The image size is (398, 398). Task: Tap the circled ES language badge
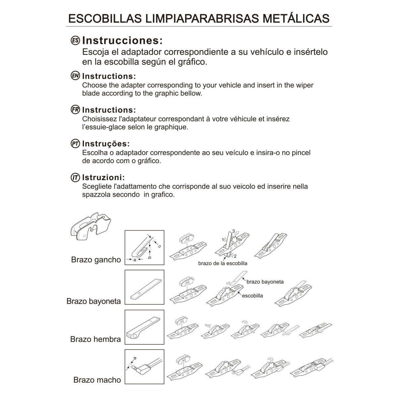tap(76, 40)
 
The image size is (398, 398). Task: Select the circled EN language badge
tap(76, 76)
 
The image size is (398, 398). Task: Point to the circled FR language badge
tap(76, 109)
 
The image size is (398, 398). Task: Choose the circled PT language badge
tap(76, 144)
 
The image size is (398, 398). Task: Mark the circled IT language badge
tap(76, 177)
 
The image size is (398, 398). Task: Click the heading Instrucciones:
tap(122, 40)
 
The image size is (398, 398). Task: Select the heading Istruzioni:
tap(103, 177)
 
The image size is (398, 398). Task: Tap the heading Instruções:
tap(106, 144)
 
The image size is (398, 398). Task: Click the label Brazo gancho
tap(96, 260)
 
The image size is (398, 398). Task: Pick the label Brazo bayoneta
tap(94, 301)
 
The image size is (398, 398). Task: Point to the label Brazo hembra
tap(96, 339)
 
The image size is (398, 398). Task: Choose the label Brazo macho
tap(97, 380)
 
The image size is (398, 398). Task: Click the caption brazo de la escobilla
tap(223, 263)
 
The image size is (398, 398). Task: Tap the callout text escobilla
tap(252, 296)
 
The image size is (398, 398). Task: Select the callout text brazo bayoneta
tap(265, 282)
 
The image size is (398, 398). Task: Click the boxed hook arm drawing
tap(144, 247)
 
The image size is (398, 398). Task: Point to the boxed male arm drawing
tap(144, 367)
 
